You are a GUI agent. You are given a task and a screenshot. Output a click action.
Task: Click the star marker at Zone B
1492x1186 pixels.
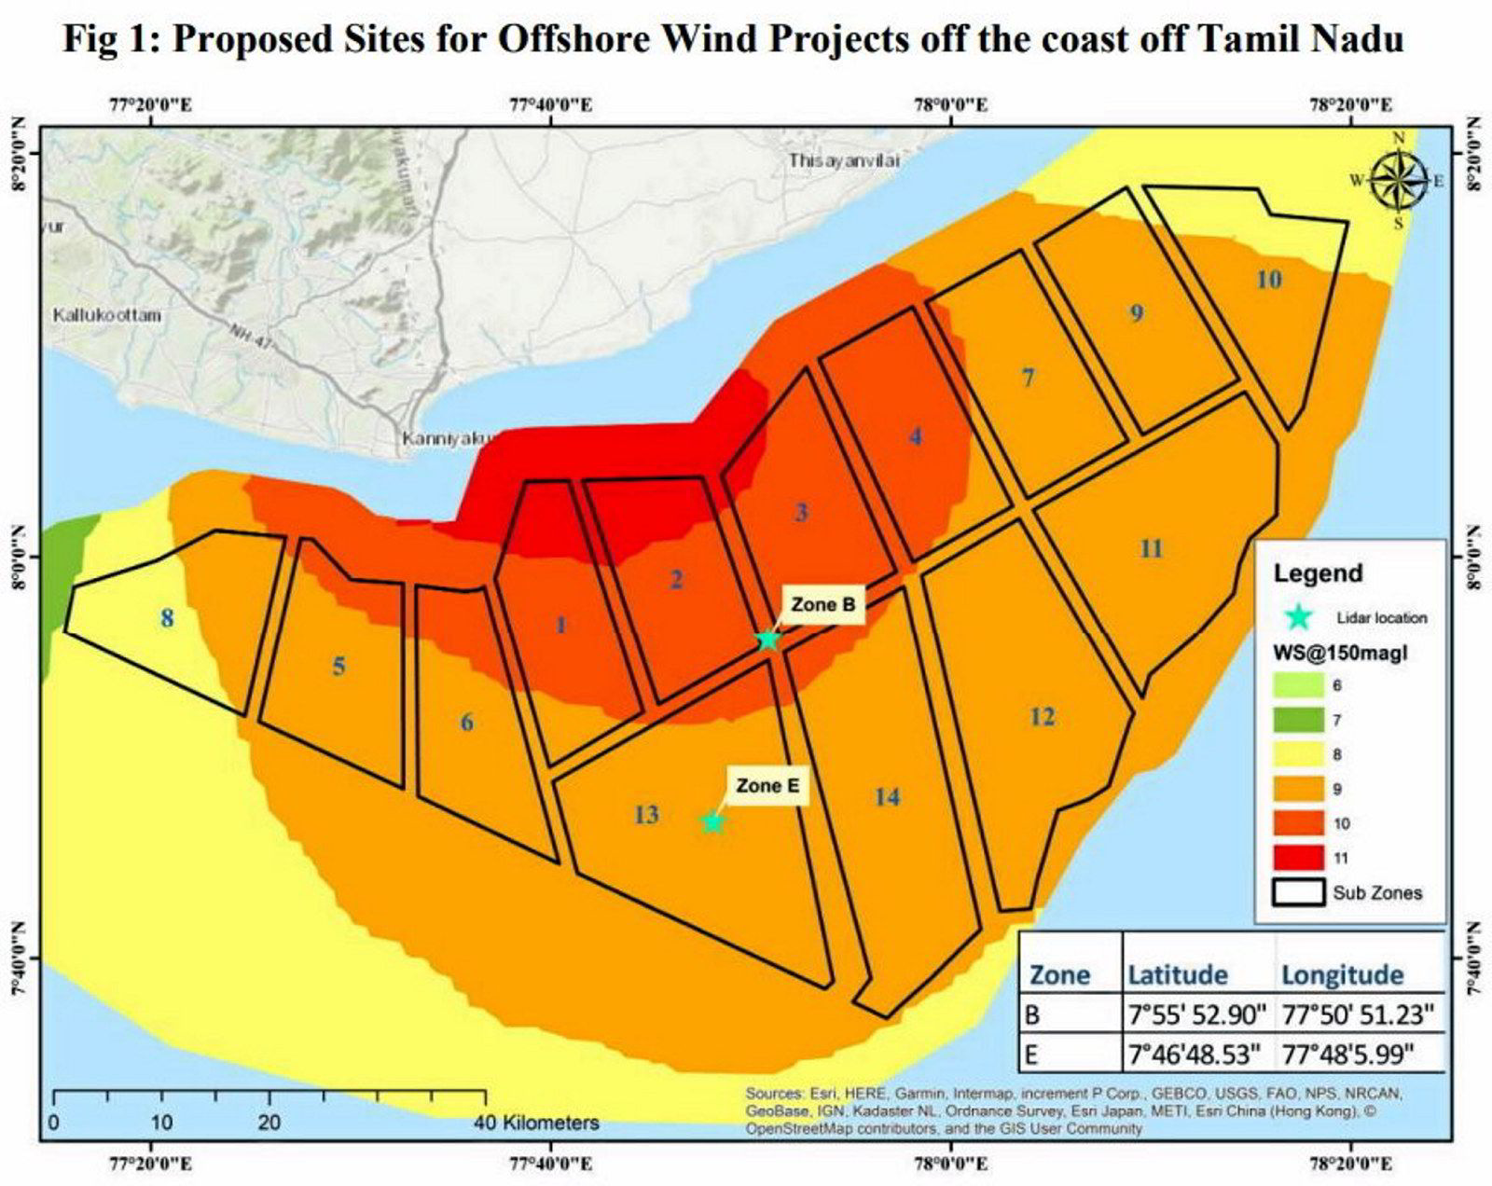click(767, 640)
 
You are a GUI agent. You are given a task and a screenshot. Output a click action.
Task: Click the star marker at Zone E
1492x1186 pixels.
click(713, 821)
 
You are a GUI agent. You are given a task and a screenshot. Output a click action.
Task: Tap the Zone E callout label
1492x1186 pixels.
click(767, 786)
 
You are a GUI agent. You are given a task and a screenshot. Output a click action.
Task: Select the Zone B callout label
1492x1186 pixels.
click(822, 604)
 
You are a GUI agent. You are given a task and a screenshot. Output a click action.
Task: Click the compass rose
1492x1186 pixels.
click(1398, 181)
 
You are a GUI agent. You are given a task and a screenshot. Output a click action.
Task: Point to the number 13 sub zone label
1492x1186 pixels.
click(645, 815)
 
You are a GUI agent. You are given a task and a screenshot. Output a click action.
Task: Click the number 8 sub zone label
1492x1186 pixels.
click(167, 618)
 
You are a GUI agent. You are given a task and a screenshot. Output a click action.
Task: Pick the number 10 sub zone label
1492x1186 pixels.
click(1268, 279)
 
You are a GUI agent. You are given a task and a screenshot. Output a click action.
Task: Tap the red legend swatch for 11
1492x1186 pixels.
click(1298, 857)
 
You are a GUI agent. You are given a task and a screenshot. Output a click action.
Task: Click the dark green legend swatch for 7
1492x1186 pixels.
click(1298, 719)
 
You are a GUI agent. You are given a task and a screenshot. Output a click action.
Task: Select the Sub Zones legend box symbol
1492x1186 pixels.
click(1298, 892)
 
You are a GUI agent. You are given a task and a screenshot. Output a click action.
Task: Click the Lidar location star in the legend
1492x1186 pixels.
click(1298, 617)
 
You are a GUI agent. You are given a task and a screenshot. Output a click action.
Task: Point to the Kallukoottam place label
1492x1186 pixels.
click(107, 315)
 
